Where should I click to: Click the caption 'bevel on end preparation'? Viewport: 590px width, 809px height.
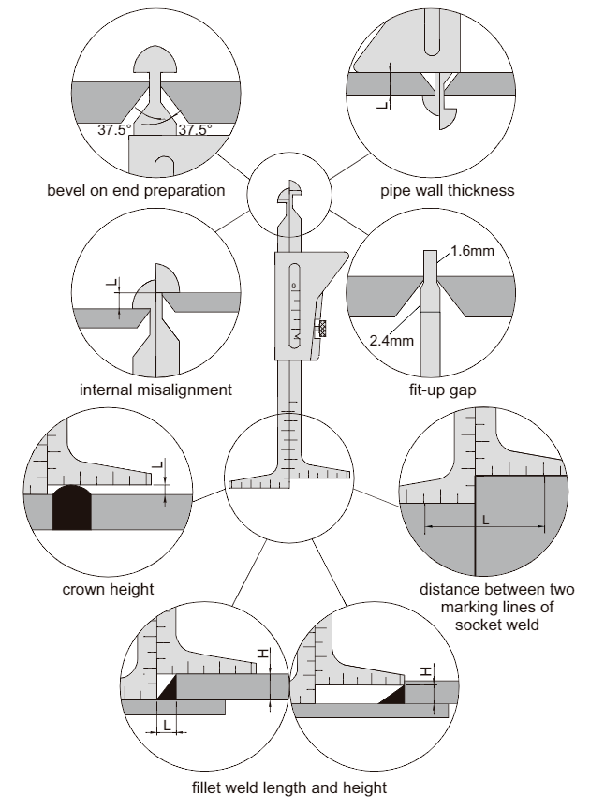click(x=136, y=190)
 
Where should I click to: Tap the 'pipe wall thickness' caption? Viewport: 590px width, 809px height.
click(x=447, y=190)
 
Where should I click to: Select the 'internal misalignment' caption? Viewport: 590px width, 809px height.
click(x=155, y=389)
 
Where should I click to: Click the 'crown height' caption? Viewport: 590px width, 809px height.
click(x=108, y=590)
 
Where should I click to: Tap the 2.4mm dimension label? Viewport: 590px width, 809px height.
click(x=390, y=340)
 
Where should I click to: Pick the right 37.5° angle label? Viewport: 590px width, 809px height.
click(x=194, y=129)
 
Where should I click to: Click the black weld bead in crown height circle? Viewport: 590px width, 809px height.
click(x=71, y=509)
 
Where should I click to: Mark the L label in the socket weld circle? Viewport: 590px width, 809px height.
click(x=485, y=518)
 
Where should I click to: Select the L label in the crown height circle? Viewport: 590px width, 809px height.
click(x=157, y=464)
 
